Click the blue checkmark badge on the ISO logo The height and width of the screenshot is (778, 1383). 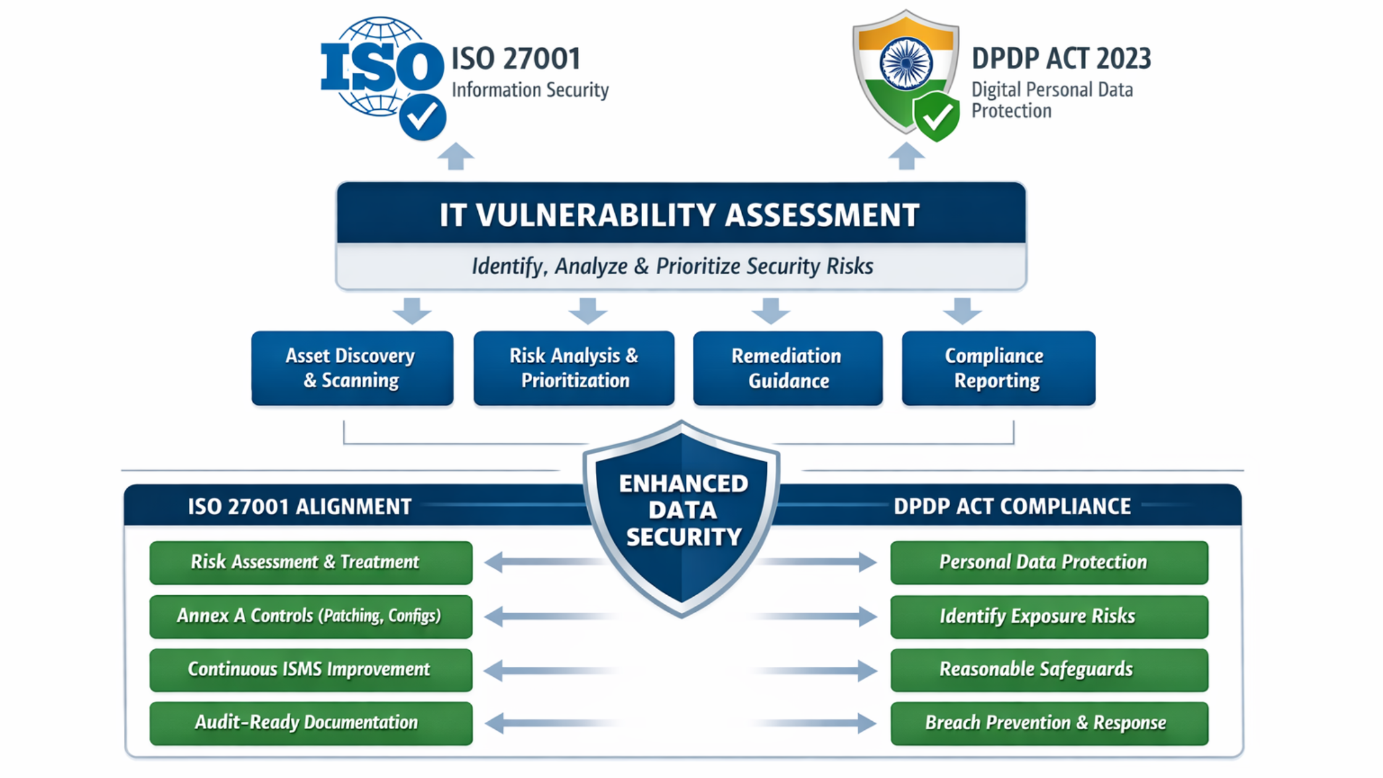[x=422, y=117]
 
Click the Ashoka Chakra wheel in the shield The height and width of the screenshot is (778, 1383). [x=906, y=63]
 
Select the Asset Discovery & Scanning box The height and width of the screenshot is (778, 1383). [x=352, y=368]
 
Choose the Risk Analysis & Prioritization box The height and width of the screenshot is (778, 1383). [x=574, y=368]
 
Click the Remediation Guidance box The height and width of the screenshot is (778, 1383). [x=788, y=368]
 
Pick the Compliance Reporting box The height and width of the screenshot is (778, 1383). [x=998, y=368]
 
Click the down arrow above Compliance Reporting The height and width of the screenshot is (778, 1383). [x=962, y=311]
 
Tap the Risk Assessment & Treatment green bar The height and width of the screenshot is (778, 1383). [x=311, y=563]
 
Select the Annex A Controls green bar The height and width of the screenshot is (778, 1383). [x=311, y=616]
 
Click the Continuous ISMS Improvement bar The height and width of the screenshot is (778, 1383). [x=311, y=670]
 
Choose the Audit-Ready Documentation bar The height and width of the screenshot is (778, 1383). [x=311, y=723]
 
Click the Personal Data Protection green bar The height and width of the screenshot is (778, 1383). [x=1049, y=563]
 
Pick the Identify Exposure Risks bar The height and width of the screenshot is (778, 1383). [x=1049, y=616]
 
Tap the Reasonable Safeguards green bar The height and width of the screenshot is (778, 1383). [x=1049, y=670]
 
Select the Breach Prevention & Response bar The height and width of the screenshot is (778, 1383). [x=1049, y=723]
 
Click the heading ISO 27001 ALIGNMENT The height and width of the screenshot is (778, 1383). [x=299, y=506]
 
